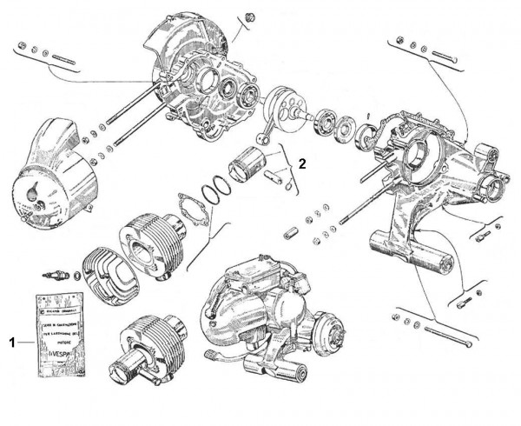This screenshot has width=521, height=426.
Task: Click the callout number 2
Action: (x=302, y=163)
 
